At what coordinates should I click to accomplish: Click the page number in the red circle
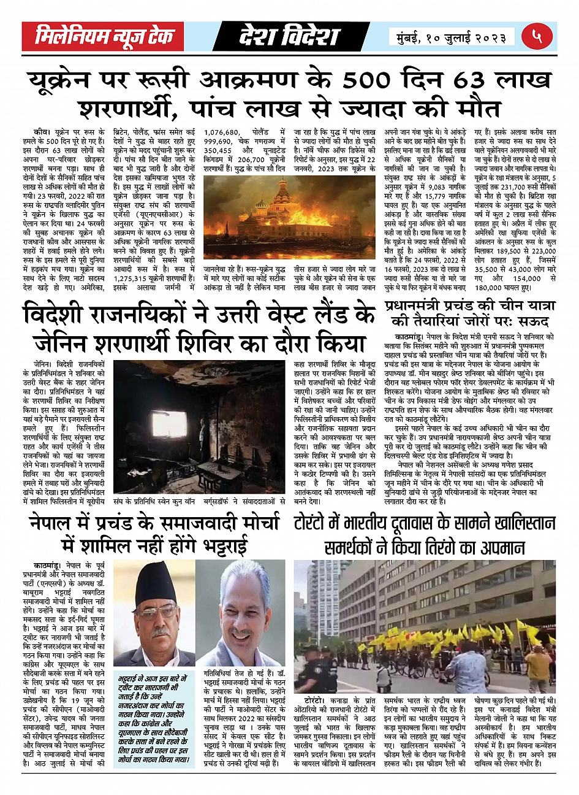tap(539, 37)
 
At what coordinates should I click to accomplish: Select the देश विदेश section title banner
tap(289, 37)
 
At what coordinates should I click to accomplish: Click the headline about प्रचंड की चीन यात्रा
tap(470, 313)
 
